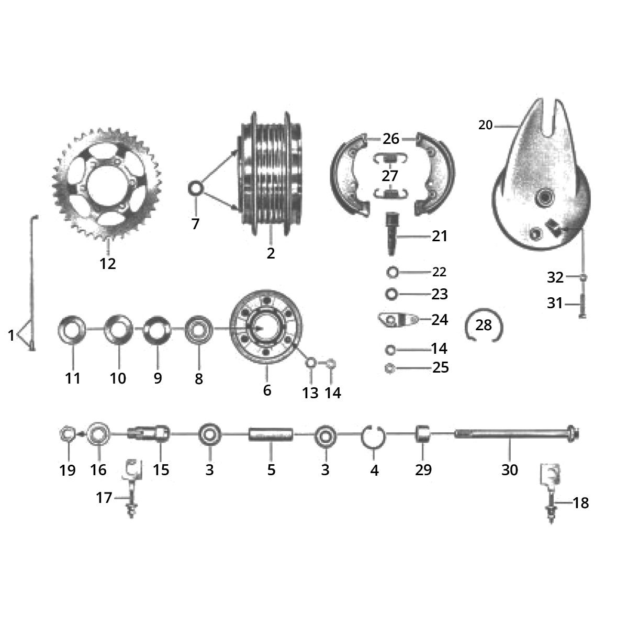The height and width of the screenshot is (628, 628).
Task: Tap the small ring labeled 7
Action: (195, 188)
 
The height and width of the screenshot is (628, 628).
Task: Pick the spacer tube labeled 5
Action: (271, 434)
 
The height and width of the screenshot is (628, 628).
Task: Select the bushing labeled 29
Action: (423, 434)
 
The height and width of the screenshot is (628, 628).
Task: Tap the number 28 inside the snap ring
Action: (484, 326)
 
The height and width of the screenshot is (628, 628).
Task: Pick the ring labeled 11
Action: (72, 331)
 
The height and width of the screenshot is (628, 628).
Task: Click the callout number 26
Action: (391, 139)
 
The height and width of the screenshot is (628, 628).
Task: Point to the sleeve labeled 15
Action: (149, 434)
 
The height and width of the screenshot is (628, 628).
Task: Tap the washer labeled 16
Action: (98, 434)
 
